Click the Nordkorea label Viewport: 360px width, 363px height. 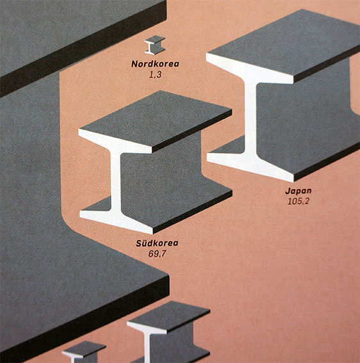155,64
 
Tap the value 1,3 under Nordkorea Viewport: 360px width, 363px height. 155,75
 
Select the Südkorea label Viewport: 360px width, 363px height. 157,243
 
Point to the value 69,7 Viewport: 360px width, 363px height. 157,254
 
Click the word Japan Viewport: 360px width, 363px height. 299,191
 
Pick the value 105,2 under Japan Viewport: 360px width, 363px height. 298,202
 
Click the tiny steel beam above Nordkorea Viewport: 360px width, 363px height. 155,45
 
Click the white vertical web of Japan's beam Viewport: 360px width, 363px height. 250,118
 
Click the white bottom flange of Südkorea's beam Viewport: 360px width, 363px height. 116,221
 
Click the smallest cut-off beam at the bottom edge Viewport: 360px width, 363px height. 83,352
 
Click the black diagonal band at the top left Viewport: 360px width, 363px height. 83,49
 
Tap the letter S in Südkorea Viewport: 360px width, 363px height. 139,243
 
